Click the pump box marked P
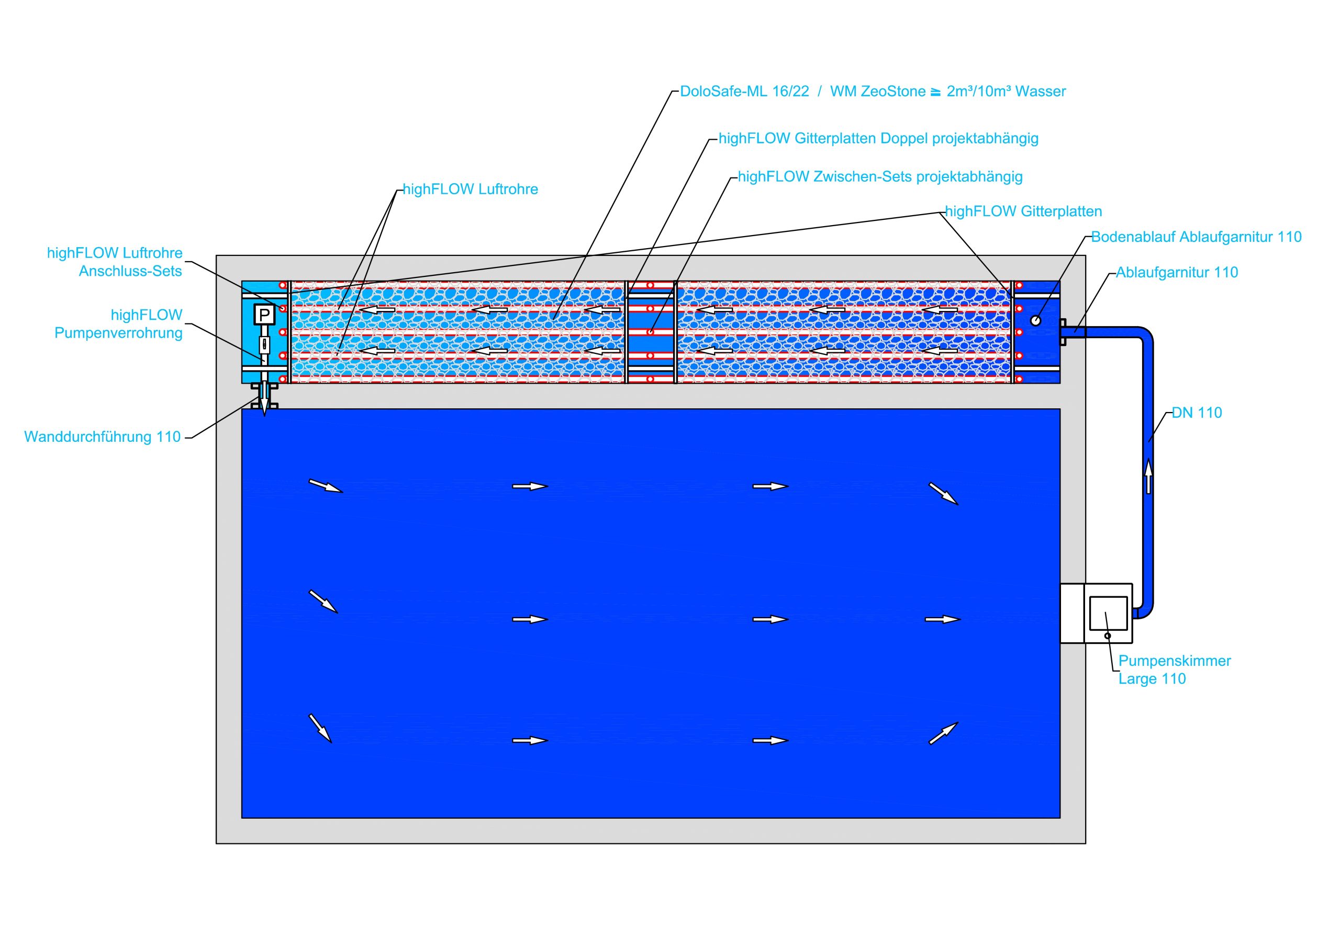pyautogui.click(x=264, y=315)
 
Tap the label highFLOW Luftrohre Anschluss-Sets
pyautogui.click(x=115, y=262)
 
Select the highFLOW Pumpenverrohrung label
pyautogui.click(x=118, y=324)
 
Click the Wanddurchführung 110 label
pyautogui.click(x=103, y=437)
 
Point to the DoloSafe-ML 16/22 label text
pyautogui.click(x=745, y=92)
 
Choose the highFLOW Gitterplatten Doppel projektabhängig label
pyautogui.click(x=878, y=139)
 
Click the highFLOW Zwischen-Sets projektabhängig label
pyautogui.click(x=880, y=177)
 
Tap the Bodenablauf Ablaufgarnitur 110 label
pyautogui.click(x=1196, y=237)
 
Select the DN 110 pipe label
pyautogui.click(x=1197, y=413)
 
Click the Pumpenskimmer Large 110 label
pyautogui.click(x=1174, y=670)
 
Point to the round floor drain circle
pyautogui.click(x=1035, y=320)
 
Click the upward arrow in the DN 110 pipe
pyautogui.click(x=1148, y=476)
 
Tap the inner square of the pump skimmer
pyautogui.click(x=1108, y=612)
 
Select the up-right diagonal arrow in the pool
pyautogui.click(x=943, y=733)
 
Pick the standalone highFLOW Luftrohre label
pyautogui.click(x=471, y=190)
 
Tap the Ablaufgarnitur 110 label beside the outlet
pyautogui.click(x=1177, y=273)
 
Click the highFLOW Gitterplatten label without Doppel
pyautogui.click(x=1023, y=211)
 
